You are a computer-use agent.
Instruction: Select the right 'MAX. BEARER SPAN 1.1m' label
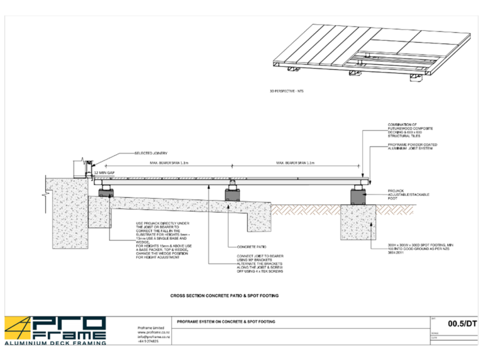point(294,163)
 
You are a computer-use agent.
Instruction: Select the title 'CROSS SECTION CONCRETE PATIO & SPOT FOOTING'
point(225,295)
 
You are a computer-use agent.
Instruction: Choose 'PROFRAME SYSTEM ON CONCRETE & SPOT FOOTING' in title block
point(226,322)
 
